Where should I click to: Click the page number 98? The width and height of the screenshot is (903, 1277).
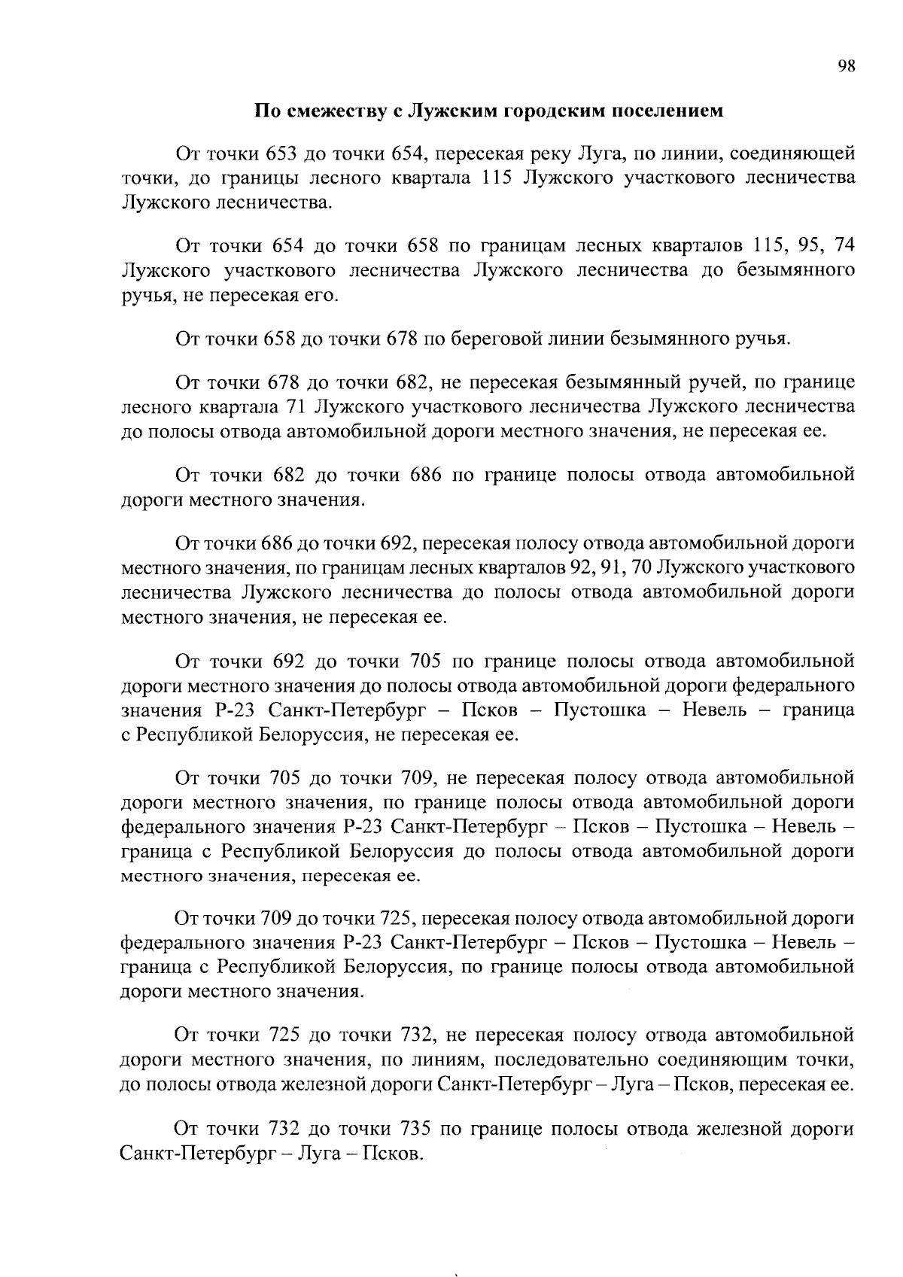[847, 66]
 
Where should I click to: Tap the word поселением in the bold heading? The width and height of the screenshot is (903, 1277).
[665, 111]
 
